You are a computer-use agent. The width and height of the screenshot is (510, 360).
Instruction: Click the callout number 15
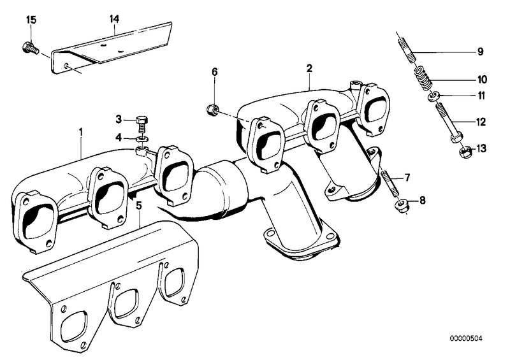coord(31,20)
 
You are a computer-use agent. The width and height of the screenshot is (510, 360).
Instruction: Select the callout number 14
coord(114,19)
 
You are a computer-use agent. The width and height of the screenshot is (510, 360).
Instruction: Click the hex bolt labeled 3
coord(142,124)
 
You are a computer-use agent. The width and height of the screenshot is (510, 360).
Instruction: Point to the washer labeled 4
coord(142,140)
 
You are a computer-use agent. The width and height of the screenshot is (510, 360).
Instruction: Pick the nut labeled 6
coord(212,108)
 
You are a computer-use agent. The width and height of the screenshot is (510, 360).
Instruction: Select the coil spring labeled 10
coord(422,77)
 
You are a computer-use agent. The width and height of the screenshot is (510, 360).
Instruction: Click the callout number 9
coord(481,52)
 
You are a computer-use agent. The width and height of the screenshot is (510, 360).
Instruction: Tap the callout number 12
coord(481,122)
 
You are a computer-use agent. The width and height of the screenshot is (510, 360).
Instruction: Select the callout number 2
coord(309,68)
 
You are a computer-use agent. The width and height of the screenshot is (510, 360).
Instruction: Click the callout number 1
coord(81,132)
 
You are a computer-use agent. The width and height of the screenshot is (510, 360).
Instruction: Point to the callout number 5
coord(139,205)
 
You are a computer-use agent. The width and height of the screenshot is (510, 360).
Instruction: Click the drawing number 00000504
coord(466,338)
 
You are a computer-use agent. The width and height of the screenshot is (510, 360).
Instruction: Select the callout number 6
coord(215,72)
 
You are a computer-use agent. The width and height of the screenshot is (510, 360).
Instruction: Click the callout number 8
coord(422,200)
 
